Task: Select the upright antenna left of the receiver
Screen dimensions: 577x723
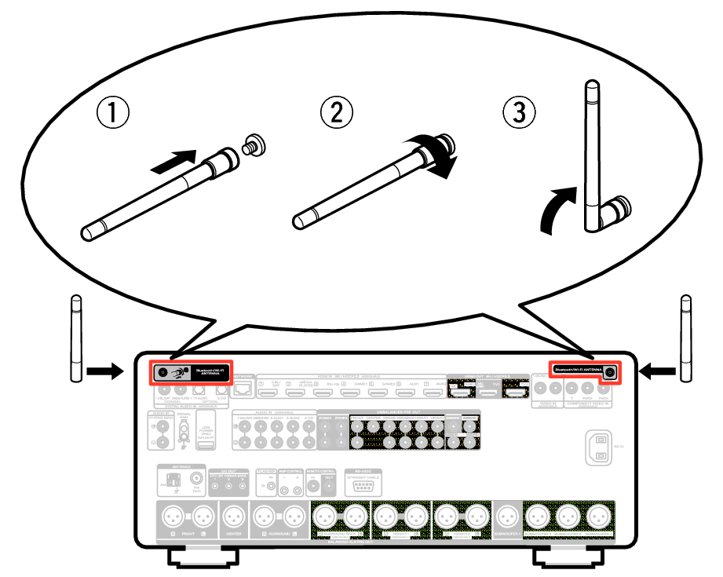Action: [x=76, y=338]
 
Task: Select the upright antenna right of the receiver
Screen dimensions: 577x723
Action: [x=685, y=338]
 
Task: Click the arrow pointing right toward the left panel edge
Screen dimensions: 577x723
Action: [x=104, y=369]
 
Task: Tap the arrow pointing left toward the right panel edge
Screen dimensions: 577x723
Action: [x=658, y=369]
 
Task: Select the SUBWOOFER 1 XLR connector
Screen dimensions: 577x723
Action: [x=506, y=516]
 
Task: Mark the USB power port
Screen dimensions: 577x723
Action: [x=204, y=446]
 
